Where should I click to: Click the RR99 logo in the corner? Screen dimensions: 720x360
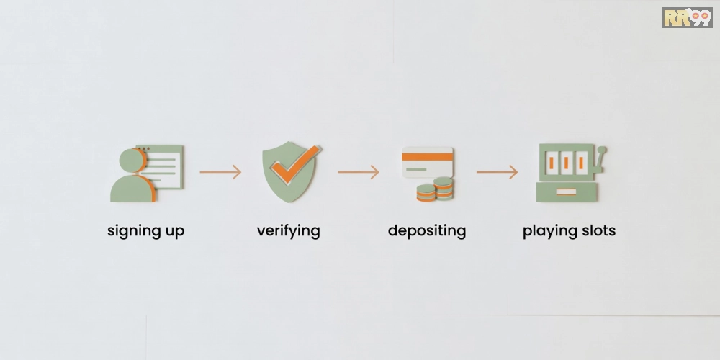pos(687,17)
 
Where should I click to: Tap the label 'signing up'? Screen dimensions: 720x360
pos(145,231)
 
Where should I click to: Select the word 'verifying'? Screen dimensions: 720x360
pos(289,231)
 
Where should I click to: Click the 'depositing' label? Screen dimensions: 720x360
pos(426,231)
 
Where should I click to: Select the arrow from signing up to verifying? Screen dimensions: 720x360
pos(220,172)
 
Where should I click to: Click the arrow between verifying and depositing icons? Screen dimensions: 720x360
pos(359,172)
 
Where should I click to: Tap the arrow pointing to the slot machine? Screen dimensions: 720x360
pos(497,172)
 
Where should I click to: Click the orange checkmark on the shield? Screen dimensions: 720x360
pos(294,164)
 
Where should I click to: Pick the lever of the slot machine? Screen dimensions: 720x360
pos(598,159)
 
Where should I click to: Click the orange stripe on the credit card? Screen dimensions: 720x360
pos(427,156)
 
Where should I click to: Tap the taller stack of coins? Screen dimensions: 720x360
pos(443,188)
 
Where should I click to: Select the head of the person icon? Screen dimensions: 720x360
pos(132,161)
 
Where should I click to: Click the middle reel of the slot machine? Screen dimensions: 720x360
pos(566,162)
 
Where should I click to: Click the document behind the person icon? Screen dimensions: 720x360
pos(163,167)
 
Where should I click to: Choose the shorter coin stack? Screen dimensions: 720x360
pos(426,193)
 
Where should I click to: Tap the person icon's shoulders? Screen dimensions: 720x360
pos(132,189)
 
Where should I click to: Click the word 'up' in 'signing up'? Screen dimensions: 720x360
pos(175,232)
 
